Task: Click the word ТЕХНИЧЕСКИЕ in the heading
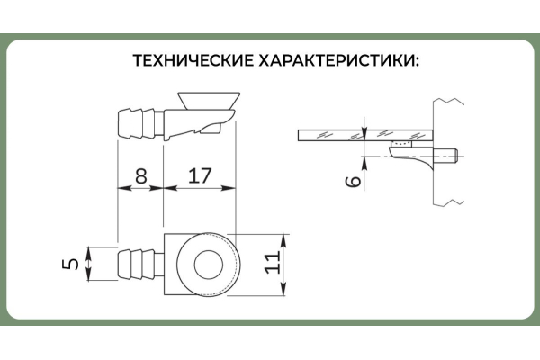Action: (x=191, y=62)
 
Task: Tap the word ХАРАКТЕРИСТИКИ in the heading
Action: (x=339, y=62)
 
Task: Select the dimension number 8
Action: (x=141, y=175)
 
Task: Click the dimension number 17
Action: (x=200, y=175)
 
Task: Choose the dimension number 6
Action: (x=354, y=180)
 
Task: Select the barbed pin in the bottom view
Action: (x=140, y=265)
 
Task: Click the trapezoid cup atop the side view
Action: (x=209, y=97)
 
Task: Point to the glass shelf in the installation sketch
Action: (x=360, y=136)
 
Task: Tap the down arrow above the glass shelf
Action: (x=364, y=127)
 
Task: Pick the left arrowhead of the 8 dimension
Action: (x=122, y=189)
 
